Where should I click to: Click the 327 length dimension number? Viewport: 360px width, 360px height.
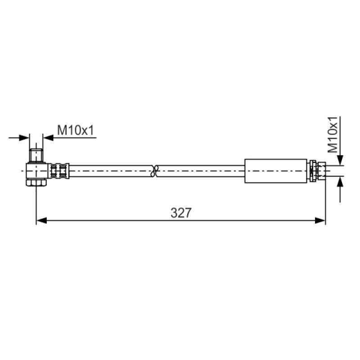point(181,213)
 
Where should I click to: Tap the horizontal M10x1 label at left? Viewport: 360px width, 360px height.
point(76,130)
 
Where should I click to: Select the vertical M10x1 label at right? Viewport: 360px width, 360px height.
point(333,135)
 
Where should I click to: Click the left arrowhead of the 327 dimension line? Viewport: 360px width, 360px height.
point(41,220)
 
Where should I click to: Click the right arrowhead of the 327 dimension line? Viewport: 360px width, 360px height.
point(320,220)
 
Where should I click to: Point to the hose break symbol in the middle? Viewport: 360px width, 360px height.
point(155,171)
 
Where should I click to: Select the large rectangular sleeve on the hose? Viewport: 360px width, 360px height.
point(276,171)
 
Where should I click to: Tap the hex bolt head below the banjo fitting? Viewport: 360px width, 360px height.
point(36,183)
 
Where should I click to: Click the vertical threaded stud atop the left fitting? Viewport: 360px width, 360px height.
point(36,156)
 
